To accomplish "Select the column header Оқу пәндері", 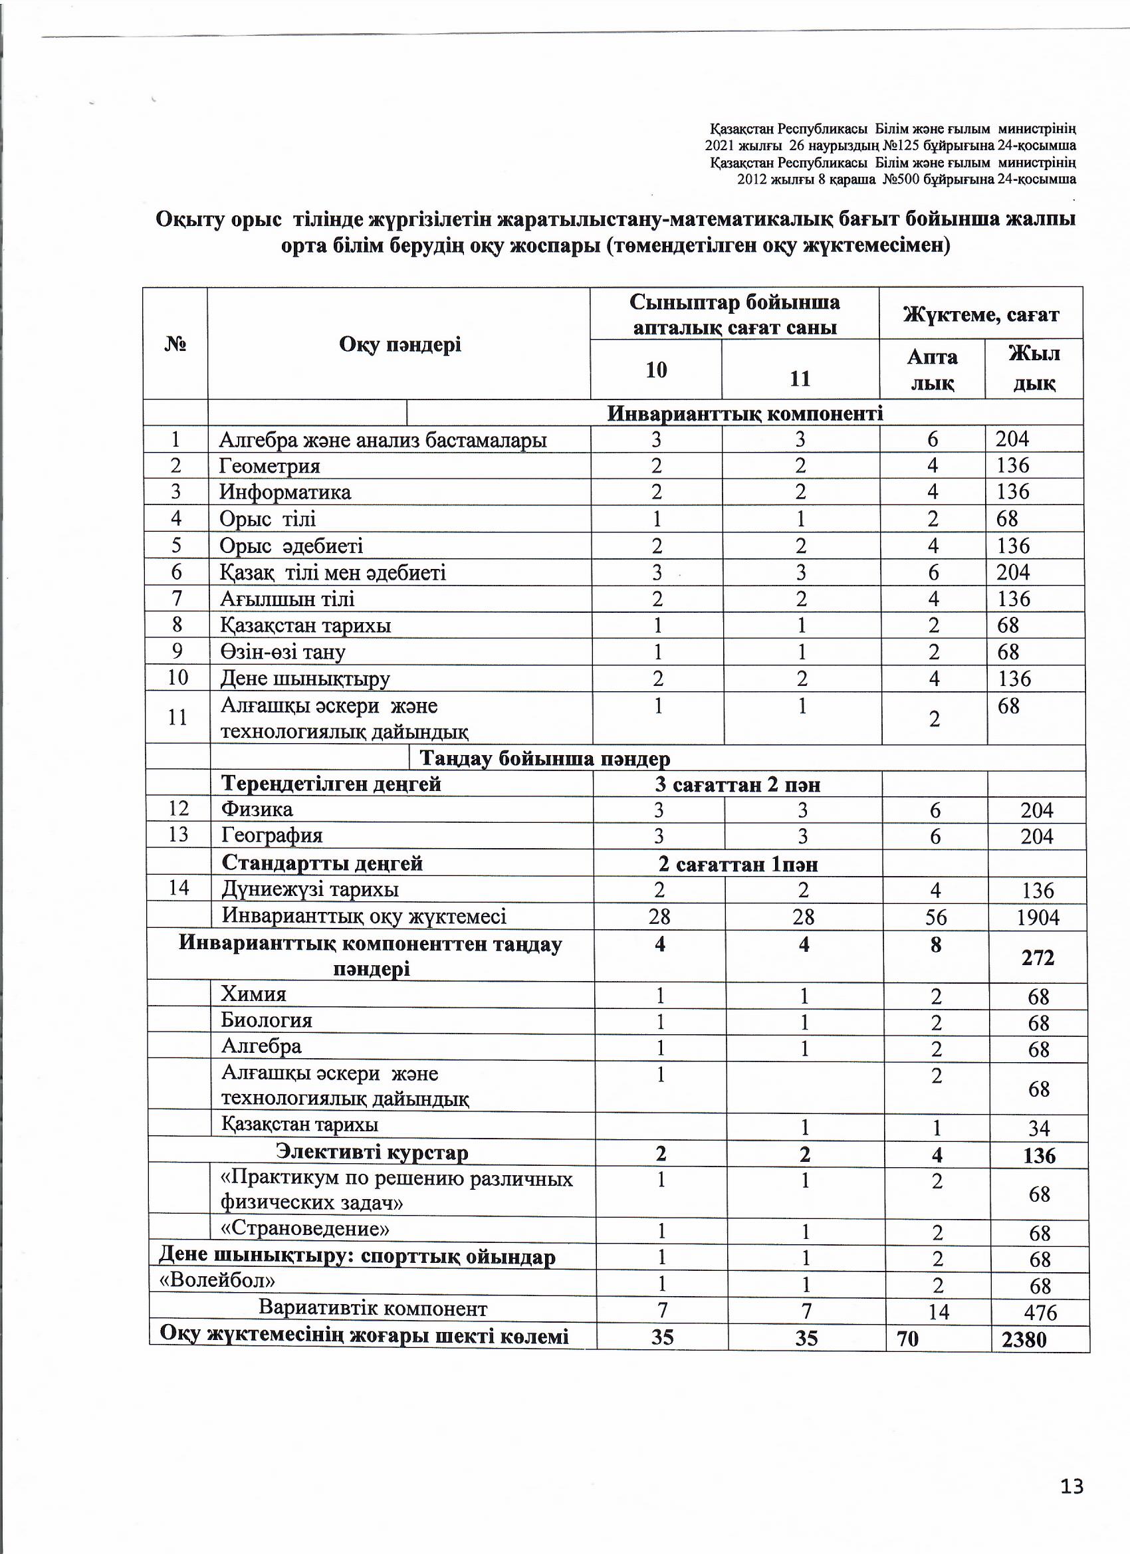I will [399, 345].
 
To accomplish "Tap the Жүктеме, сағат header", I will [980, 314].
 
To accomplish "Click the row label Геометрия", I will [269, 467].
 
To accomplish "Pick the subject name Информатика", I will [285, 493].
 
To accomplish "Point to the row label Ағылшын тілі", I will [287, 600].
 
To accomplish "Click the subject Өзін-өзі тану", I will [282, 652].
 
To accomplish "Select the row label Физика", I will [257, 809].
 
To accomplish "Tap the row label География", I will [272, 836].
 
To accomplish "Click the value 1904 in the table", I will [1038, 917].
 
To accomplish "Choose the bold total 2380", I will [1024, 1339].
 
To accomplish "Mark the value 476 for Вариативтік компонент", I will [1040, 1313].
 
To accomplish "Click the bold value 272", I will [1038, 957].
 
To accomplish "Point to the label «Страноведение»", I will [305, 1228].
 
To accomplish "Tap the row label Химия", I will [253, 994].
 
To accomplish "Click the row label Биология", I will [267, 1020].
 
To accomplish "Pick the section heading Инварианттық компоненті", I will [745, 413].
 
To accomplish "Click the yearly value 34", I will [1040, 1129].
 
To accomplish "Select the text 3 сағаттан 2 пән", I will [737, 784].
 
